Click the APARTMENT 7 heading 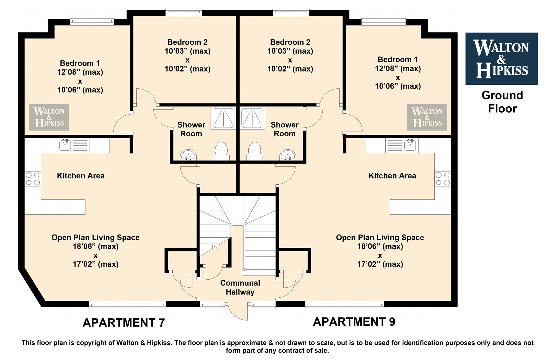[124, 323]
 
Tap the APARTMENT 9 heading [354, 322]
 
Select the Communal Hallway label [240, 287]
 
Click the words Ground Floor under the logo [502, 102]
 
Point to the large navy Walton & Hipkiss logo [501, 59]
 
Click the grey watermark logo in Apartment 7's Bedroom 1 [49, 117]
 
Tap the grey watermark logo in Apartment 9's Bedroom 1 [427, 117]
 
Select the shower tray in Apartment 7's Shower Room [224, 118]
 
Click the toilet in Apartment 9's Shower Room [254, 151]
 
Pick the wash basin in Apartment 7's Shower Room [188, 155]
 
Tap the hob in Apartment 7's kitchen [33, 179]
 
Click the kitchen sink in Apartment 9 [402, 146]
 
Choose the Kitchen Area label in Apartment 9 [392, 176]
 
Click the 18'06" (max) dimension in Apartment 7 [96, 246]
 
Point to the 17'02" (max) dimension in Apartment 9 [380, 264]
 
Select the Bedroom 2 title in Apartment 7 [187, 42]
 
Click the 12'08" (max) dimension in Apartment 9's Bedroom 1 [398, 68]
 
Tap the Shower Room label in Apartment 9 [284, 129]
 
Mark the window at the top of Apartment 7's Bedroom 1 [92, 22]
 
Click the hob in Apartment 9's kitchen [443, 179]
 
